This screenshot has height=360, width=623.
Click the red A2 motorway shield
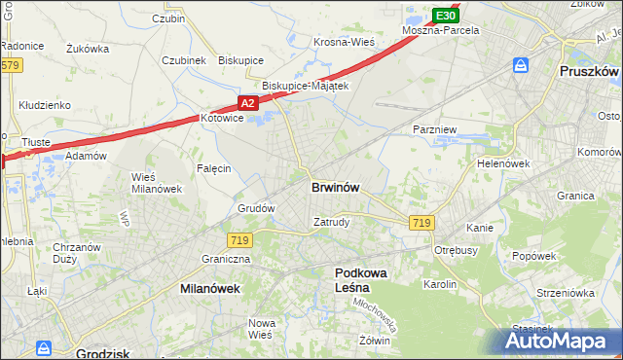click(247, 102)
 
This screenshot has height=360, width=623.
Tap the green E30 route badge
click(445, 16)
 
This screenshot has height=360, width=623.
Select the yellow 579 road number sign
click(10, 65)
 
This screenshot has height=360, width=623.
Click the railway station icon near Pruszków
click(521, 65)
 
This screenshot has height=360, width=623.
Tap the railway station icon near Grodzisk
click(45, 347)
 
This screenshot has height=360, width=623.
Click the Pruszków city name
click(590, 72)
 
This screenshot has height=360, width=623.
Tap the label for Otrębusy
click(454, 250)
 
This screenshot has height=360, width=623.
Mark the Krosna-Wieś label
click(344, 42)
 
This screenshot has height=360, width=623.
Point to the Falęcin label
click(214, 168)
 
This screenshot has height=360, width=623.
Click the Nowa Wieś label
click(260, 329)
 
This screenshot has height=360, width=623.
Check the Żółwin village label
click(374, 341)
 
